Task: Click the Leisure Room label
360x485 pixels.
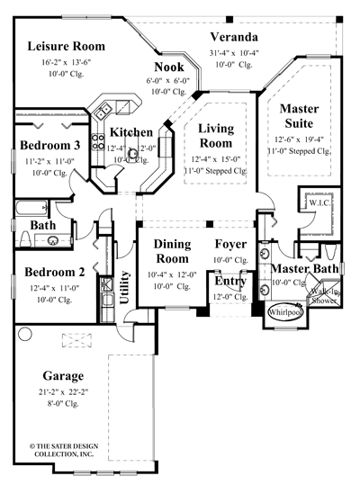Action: pos(66,46)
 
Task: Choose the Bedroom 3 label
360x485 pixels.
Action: pos(50,145)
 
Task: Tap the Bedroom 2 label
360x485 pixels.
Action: pos(54,273)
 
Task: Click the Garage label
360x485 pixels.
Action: pos(63,375)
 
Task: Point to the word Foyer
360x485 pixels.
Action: pos(231,244)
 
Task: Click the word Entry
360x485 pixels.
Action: pos(230,282)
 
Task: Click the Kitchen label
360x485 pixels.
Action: pos(131,132)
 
